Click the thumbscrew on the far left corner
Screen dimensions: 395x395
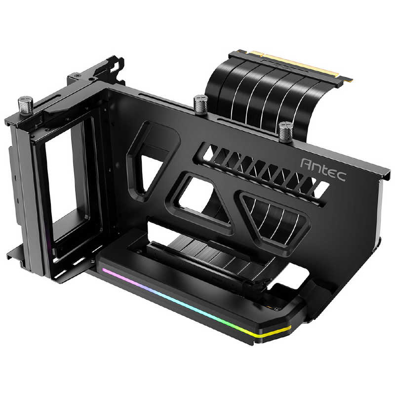26,104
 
